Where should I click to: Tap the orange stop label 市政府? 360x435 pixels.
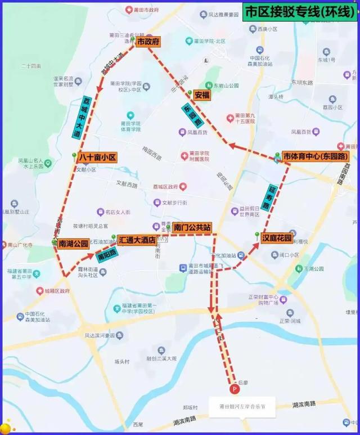click(x=148, y=42)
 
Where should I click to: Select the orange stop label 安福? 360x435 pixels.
click(x=202, y=95)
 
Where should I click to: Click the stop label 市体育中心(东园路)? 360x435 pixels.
click(x=315, y=156)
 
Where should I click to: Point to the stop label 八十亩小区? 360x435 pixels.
click(x=97, y=158)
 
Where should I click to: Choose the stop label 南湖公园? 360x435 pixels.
click(x=73, y=244)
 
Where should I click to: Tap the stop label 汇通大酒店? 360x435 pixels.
click(x=137, y=240)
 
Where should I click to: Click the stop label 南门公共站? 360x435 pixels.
click(x=192, y=227)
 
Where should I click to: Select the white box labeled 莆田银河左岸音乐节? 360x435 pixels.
click(x=242, y=407)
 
